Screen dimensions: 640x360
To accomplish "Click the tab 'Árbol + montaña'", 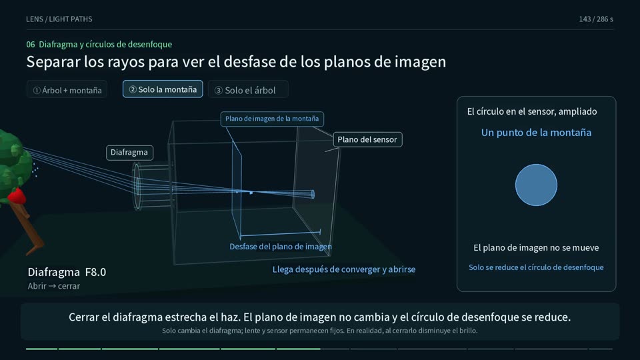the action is click(67, 90).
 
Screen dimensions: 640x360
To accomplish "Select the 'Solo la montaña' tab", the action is click(163, 89).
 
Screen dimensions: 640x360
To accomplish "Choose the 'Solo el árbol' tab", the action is click(248, 90).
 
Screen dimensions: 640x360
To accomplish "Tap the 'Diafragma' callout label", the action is click(129, 152).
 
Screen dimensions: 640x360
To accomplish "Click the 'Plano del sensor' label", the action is click(367, 139).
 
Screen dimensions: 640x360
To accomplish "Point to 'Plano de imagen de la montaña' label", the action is click(272, 119).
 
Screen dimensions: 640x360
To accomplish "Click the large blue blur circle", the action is click(536, 185).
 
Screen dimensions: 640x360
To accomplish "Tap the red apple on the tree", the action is click(16, 196).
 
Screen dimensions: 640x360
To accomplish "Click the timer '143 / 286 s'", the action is click(596, 19).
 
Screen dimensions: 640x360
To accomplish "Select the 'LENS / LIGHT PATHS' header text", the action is click(59, 19).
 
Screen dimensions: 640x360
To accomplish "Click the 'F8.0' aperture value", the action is click(95, 272).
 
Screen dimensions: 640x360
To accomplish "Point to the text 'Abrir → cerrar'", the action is click(54, 286).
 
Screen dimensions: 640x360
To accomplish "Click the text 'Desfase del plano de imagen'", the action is click(281, 247).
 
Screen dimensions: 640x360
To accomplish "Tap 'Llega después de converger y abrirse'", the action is click(344, 269).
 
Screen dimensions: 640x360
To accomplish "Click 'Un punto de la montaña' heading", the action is click(536, 133).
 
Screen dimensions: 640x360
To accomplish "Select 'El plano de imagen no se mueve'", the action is click(536, 248).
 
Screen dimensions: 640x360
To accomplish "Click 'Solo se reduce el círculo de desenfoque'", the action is click(536, 267).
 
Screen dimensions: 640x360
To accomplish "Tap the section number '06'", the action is click(31, 44).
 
